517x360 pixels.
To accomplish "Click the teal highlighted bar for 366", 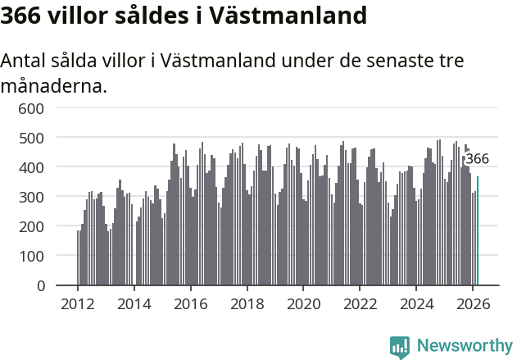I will click(478, 231).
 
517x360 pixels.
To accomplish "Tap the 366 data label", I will click(477, 159).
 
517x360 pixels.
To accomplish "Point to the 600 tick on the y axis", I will click(30, 108).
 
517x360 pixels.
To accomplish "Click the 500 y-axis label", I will click(30, 138).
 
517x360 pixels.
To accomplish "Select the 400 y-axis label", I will click(30, 167).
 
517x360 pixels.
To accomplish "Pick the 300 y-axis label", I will click(30, 197).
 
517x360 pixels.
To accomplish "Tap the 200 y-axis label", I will click(30, 226).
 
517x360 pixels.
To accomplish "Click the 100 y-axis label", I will click(30, 256).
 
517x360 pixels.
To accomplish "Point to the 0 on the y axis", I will click(39, 285).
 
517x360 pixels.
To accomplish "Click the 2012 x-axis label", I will click(78, 303).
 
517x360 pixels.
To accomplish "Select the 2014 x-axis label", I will click(134, 303).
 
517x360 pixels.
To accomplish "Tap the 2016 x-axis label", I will click(190, 303).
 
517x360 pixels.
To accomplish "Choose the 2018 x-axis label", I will click(247, 303).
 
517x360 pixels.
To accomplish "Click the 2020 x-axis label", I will click(303, 303).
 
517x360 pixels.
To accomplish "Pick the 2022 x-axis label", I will click(360, 303).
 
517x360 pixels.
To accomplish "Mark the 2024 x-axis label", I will click(416, 303).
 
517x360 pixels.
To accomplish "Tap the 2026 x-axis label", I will click(473, 303).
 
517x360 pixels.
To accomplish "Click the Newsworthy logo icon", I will click(400, 347).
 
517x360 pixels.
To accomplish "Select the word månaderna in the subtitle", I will click(54, 84).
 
